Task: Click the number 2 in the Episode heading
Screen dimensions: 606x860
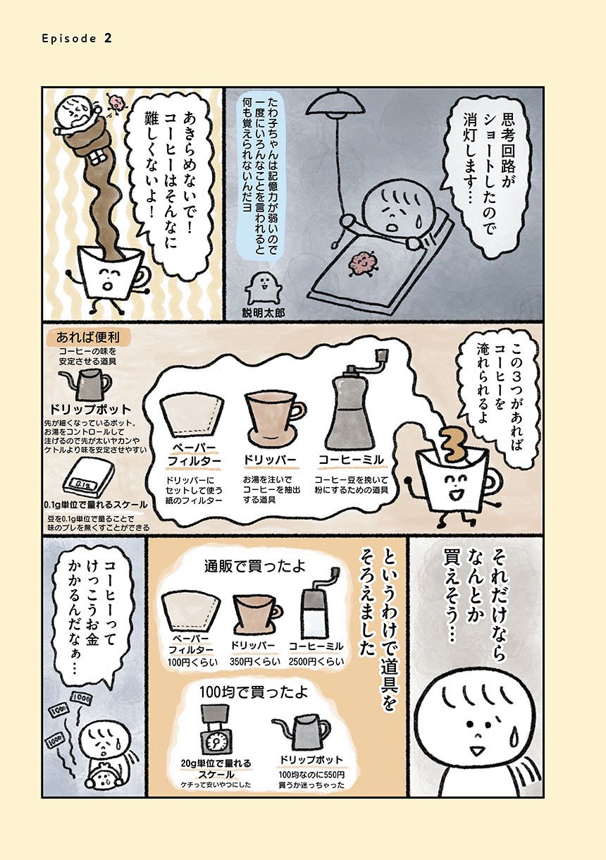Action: pyautogui.click(x=108, y=38)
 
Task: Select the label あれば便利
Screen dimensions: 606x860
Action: pyautogui.click(x=88, y=337)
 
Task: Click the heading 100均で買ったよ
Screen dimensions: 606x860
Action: pyautogui.click(x=254, y=692)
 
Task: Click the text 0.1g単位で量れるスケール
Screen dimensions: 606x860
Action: pyautogui.click(x=95, y=505)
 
